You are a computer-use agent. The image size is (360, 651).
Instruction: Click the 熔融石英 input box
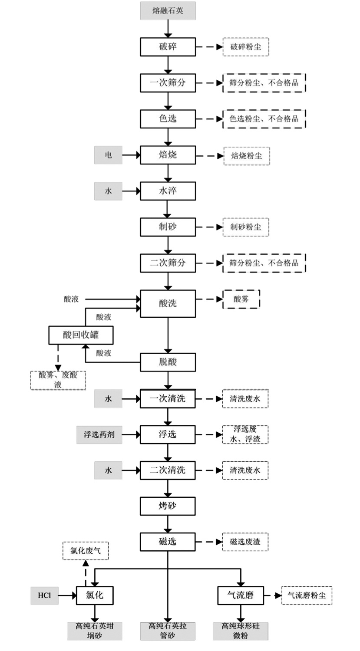168,11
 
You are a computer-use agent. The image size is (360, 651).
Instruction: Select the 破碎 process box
168,47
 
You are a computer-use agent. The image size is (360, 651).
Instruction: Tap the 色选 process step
168,118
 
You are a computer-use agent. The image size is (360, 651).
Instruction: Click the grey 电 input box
108,155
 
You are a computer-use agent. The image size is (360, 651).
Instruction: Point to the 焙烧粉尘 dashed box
246,156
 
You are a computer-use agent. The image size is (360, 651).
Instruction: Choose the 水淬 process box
168,191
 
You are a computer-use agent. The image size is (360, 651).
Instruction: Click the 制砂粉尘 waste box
245,227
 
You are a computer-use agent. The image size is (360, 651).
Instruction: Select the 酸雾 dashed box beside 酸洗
241,299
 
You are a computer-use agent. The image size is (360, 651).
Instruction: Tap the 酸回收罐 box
81,335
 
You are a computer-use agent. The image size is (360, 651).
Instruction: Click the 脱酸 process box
168,362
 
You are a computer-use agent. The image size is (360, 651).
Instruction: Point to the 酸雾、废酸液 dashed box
58,380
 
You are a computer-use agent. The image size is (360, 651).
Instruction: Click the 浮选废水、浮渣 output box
245,434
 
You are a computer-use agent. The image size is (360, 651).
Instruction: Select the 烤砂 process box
168,506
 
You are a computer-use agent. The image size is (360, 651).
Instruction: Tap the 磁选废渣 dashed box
245,542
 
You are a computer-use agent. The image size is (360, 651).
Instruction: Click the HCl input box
44,595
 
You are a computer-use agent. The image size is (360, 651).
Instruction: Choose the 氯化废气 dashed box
86,551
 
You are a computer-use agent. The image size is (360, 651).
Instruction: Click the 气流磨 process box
240,595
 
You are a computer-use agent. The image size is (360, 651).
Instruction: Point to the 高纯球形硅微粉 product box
240,631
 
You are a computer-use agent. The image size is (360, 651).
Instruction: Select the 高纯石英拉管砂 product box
168,631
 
